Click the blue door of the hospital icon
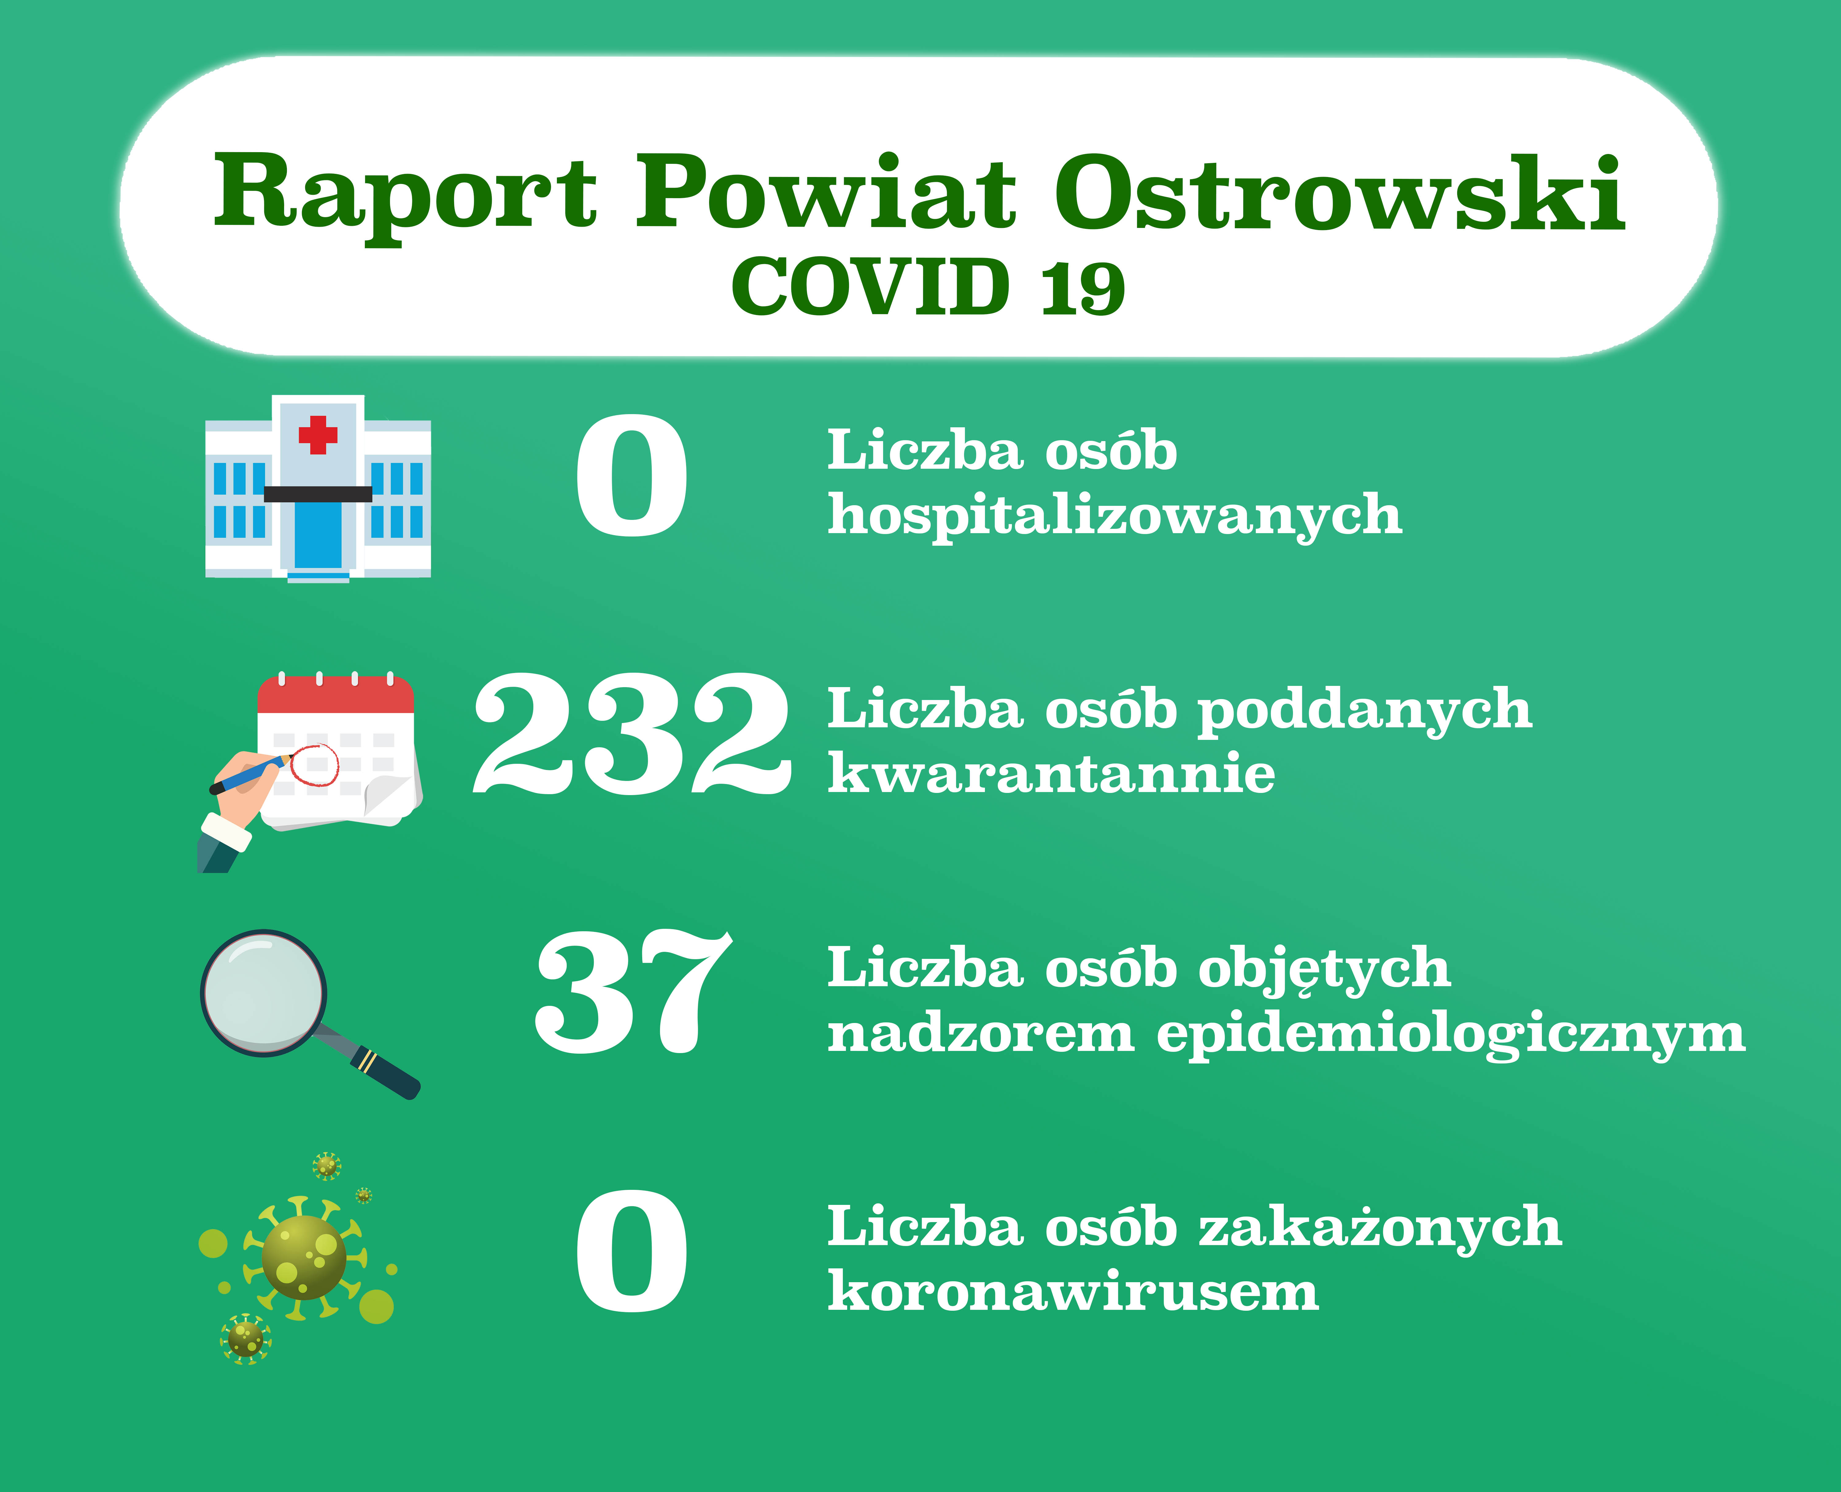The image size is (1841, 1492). [318, 535]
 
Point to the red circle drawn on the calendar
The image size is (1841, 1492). [315, 764]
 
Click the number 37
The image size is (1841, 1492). [633, 993]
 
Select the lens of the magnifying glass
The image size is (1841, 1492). [264, 993]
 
